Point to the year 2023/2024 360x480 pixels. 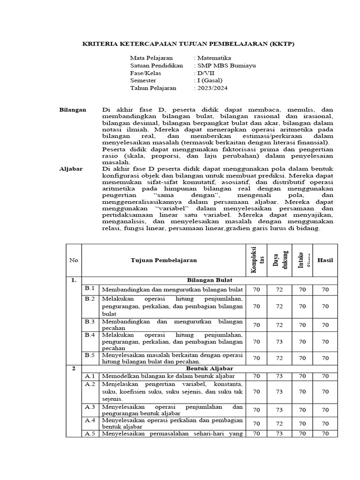pos(212,88)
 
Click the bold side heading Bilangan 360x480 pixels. pos(73,109)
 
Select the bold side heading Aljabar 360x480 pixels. pos(71,169)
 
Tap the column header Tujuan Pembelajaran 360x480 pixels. pos(164,260)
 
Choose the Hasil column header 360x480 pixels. pos(325,260)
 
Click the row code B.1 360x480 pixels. pos(90,288)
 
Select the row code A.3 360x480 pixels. pos(90,406)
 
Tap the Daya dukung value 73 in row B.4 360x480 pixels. pos(279,342)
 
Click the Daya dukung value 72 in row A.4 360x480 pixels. pos(279,423)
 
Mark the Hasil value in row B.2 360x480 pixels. pos(325,306)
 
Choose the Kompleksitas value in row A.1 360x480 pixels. pos(256,376)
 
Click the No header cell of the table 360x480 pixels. pos(74,260)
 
